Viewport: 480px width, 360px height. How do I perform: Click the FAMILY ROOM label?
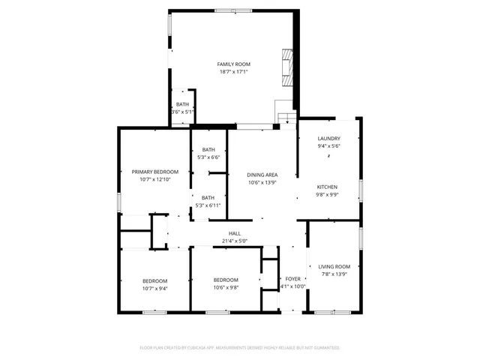[234, 64]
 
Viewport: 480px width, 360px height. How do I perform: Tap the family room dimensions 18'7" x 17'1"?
[234, 73]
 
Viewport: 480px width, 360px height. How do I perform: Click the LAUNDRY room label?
[328, 139]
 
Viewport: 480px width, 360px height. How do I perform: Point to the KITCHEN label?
[326, 187]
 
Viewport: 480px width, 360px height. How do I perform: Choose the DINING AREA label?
[262, 175]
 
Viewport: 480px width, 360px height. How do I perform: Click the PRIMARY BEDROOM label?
[155, 172]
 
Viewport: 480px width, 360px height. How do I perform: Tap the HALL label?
[234, 233]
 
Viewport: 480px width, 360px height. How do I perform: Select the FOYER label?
[293, 278]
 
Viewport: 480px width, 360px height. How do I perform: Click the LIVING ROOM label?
[334, 266]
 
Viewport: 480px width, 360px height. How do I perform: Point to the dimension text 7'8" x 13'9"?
[334, 274]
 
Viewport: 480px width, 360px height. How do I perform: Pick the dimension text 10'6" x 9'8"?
[225, 288]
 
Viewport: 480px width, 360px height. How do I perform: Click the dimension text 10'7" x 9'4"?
[155, 289]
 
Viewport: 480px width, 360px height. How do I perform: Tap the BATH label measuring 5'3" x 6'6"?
[208, 149]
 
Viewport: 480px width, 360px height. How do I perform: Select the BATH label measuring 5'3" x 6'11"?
[208, 197]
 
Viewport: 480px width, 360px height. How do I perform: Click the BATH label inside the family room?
[182, 104]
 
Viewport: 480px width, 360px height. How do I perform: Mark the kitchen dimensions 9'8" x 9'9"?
[326, 195]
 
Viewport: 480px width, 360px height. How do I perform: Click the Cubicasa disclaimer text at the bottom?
[240, 348]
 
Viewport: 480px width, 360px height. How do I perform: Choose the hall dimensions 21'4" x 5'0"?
[234, 241]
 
